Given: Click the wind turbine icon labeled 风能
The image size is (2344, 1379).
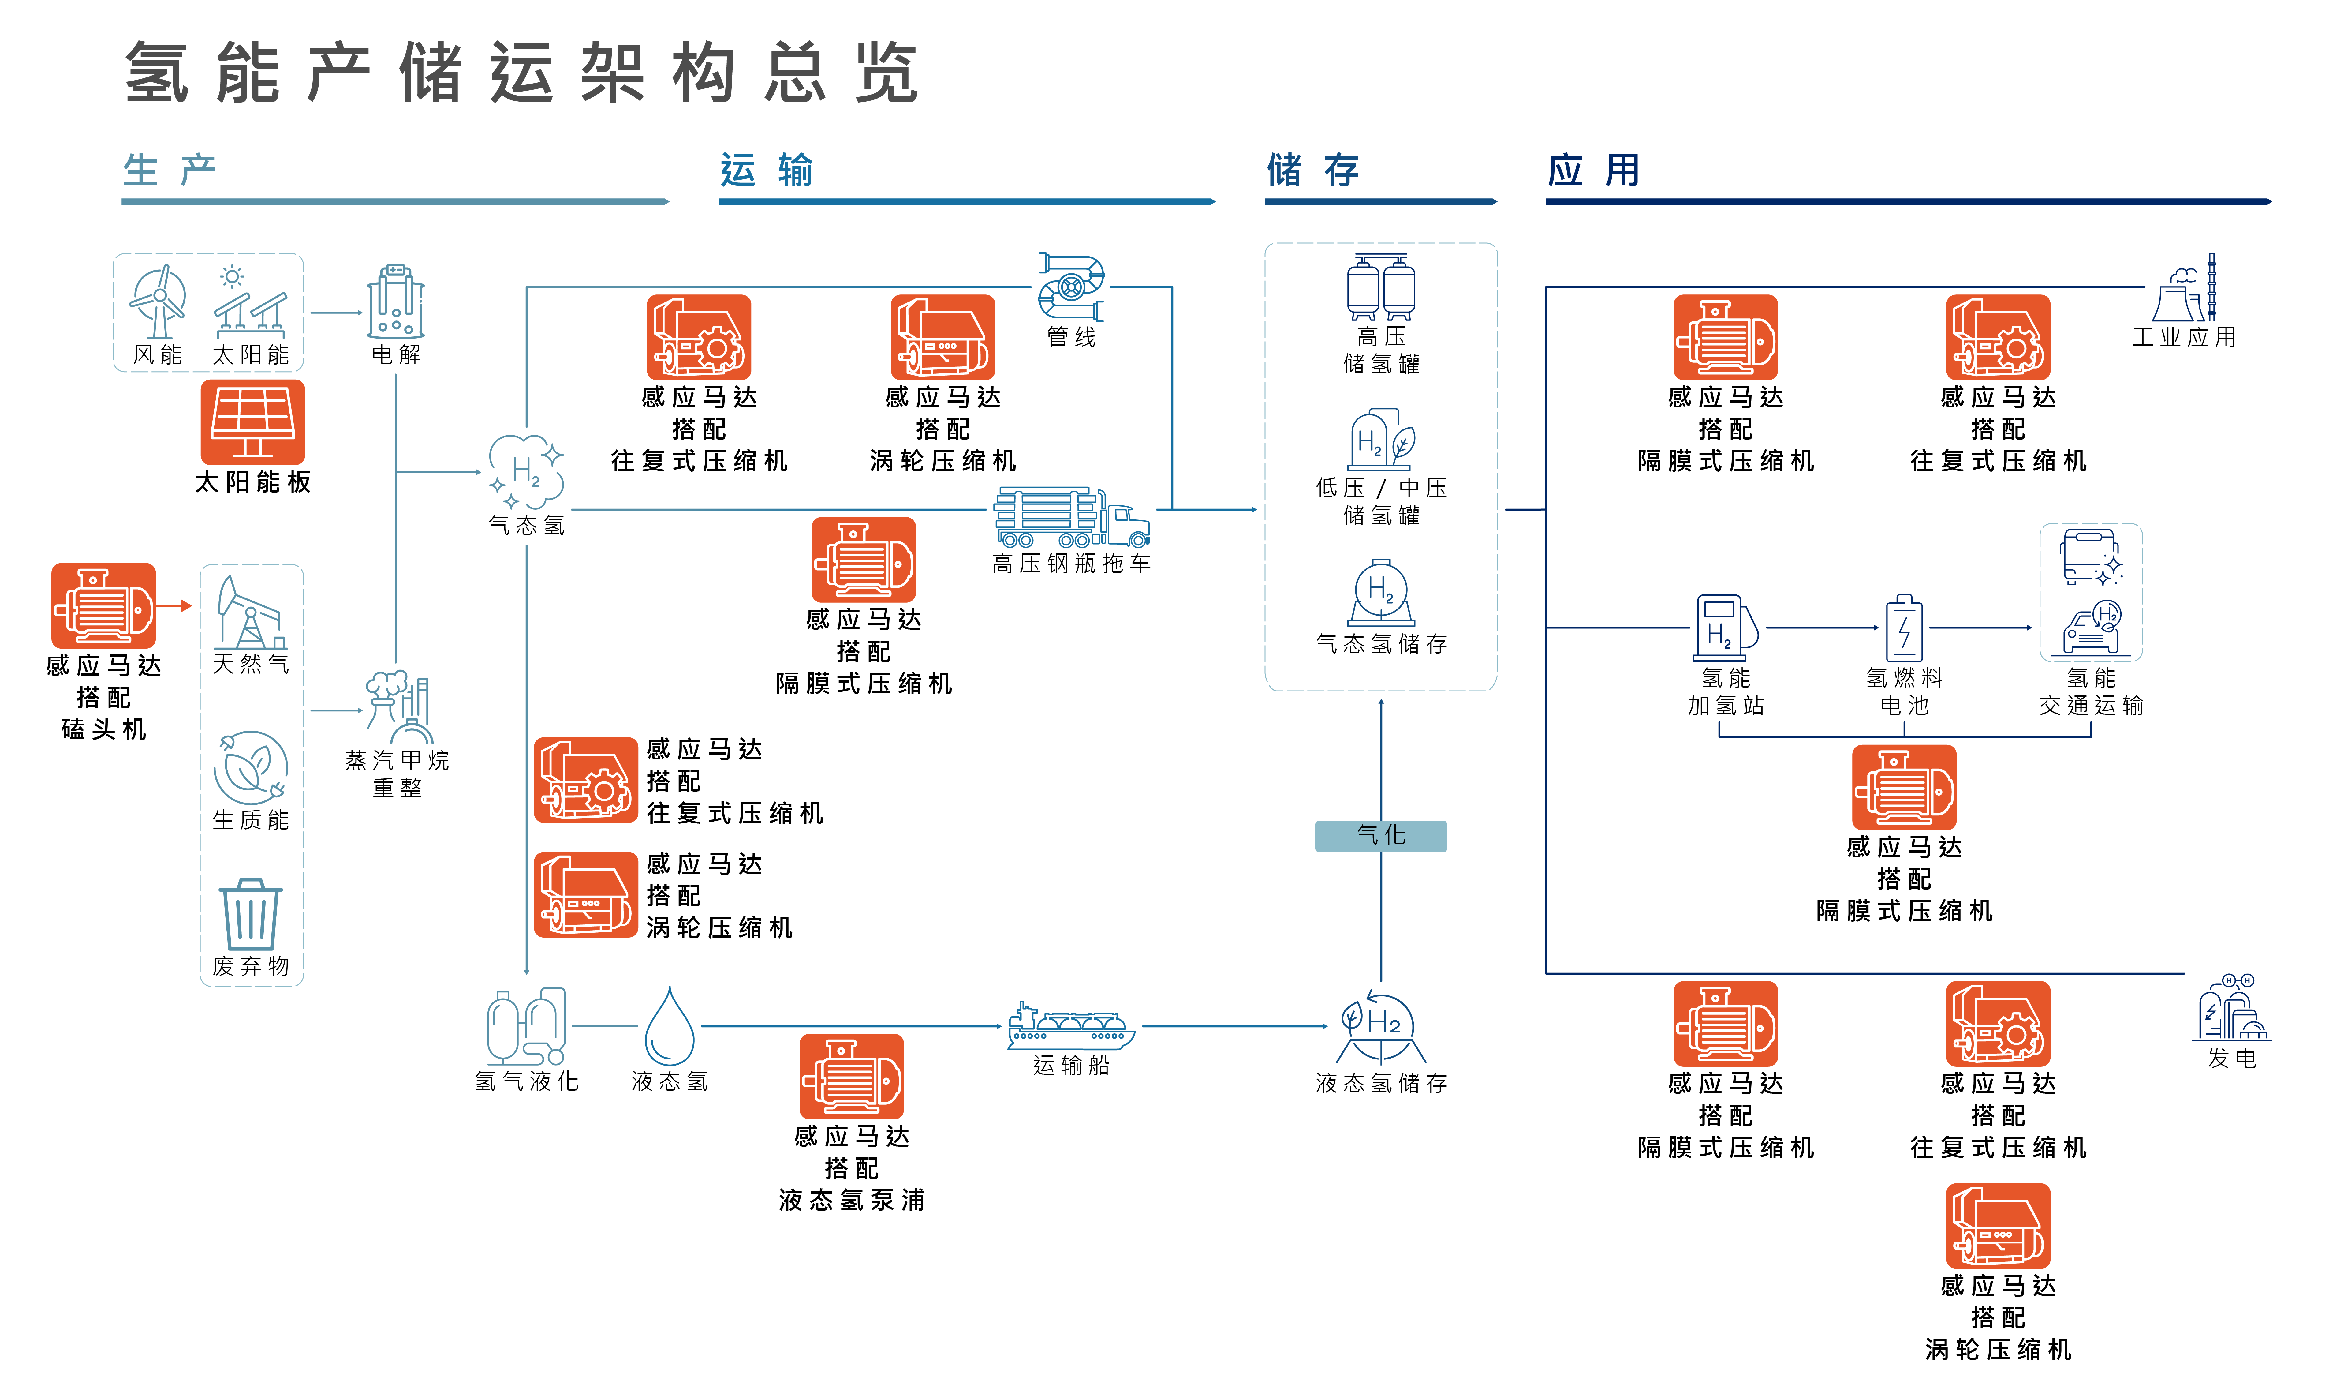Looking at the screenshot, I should pyautogui.click(x=158, y=302).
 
